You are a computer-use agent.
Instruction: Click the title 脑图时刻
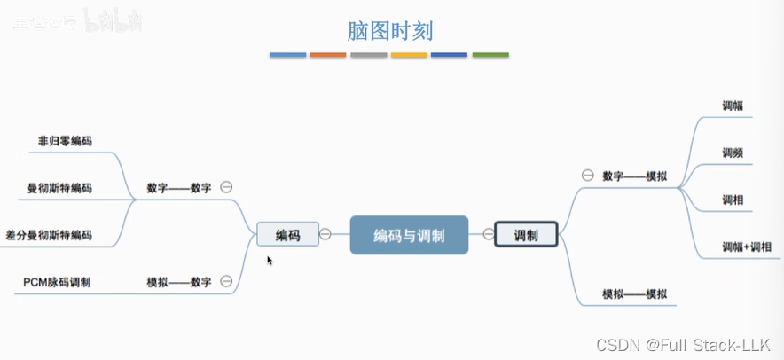pyautogui.click(x=390, y=31)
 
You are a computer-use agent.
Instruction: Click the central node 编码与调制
pyautogui.click(x=408, y=235)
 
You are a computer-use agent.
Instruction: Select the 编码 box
pyautogui.click(x=287, y=235)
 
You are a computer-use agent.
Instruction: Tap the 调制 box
pyautogui.click(x=525, y=235)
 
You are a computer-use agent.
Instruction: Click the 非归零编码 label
pyautogui.click(x=65, y=141)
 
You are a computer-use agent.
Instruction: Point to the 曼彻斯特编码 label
pyautogui.click(x=59, y=188)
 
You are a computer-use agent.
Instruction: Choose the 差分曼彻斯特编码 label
pyautogui.click(x=48, y=235)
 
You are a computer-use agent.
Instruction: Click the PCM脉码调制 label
pyautogui.click(x=57, y=282)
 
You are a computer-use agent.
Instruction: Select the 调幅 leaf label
pyautogui.click(x=733, y=106)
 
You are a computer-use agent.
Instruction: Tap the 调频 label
pyautogui.click(x=733, y=153)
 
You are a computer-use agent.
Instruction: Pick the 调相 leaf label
pyautogui.click(x=733, y=200)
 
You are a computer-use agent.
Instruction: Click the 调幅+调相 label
pyautogui.click(x=747, y=247)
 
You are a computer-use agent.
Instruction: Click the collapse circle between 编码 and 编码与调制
pyautogui.click(x=325, y=234)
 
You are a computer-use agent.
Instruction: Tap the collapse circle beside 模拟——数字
pyautogui.click(x=226, y=281)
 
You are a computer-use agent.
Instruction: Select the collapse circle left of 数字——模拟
pyautogui.click(x=587, y=175)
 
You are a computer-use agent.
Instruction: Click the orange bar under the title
pyautogui.click(x=328, y=55)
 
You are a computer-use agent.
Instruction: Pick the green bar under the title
pyautogui.click(x=490, y=55)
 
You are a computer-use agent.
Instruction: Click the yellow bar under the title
pyautogui.click(x=409, y=55)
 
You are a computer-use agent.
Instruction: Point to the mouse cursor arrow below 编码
pyautogui.click(x=269, y=260)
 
